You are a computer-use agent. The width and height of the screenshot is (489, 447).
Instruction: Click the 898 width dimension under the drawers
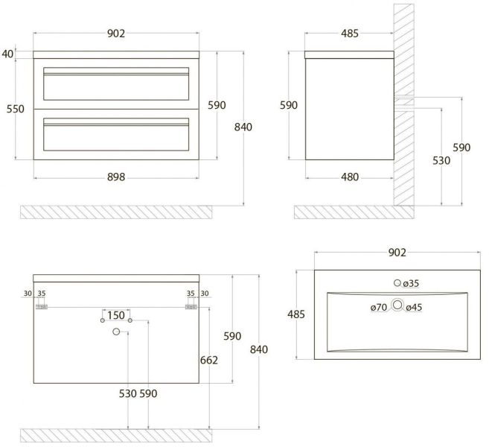tap(115, 177)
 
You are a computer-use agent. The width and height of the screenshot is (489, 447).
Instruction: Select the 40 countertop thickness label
tap(7, 53)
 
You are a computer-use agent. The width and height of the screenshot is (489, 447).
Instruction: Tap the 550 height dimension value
tap(16, 109)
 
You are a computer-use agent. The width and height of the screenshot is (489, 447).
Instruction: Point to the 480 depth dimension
tap(350, 177)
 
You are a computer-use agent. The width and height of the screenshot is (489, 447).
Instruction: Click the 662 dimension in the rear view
tap(208, 361)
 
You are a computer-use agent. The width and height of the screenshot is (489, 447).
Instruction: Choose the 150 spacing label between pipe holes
tap(116, 314)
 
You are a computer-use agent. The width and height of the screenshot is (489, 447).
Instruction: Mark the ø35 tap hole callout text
tap(412, 283)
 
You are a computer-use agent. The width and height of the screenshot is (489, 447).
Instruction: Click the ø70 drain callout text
tap(379, 307)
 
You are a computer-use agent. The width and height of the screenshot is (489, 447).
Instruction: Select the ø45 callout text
tap(414, 307)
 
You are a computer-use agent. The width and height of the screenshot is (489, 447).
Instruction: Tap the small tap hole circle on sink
tap(397, 283)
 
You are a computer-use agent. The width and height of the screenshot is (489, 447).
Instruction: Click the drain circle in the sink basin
tap(397, 305)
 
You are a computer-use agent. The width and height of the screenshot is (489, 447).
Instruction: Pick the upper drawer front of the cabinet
tap(116, 84)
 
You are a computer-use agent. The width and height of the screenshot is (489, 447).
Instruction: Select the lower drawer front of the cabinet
tap(116, 136)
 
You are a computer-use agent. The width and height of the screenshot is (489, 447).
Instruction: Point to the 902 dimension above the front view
tap(116, 34)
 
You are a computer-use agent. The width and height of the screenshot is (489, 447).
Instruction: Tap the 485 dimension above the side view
tap(350, 34)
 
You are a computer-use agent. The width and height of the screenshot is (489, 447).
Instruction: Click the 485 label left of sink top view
tap(296, 314)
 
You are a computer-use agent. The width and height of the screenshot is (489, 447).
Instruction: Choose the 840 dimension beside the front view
tap(243, 127)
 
